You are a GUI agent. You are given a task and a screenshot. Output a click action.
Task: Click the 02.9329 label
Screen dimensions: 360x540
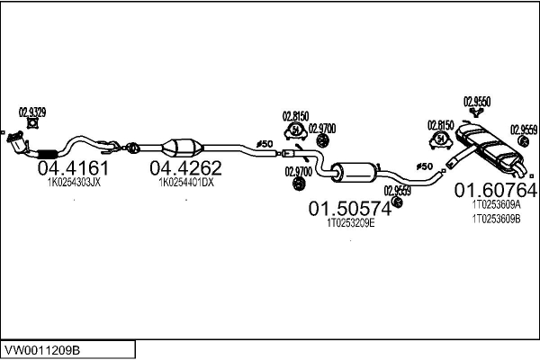tap(32, 112)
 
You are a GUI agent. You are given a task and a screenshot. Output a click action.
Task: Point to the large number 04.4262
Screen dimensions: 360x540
tap(184, 167)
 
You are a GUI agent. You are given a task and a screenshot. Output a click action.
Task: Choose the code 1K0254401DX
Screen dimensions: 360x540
tap(185, 182)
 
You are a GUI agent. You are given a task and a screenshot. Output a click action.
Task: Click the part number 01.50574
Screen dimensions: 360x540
tap(350, 209)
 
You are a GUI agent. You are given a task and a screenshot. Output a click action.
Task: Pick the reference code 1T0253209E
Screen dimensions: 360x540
tap(350, 223)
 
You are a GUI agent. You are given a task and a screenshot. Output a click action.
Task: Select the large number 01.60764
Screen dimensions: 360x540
tap(495, 190)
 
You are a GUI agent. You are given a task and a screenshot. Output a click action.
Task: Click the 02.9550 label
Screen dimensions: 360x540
tap(476, 102)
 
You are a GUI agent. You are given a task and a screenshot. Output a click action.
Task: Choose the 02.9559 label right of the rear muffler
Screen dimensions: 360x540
tap(523, 129)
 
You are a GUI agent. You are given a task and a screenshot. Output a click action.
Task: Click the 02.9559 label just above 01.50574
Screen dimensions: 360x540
tap(397, 190)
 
